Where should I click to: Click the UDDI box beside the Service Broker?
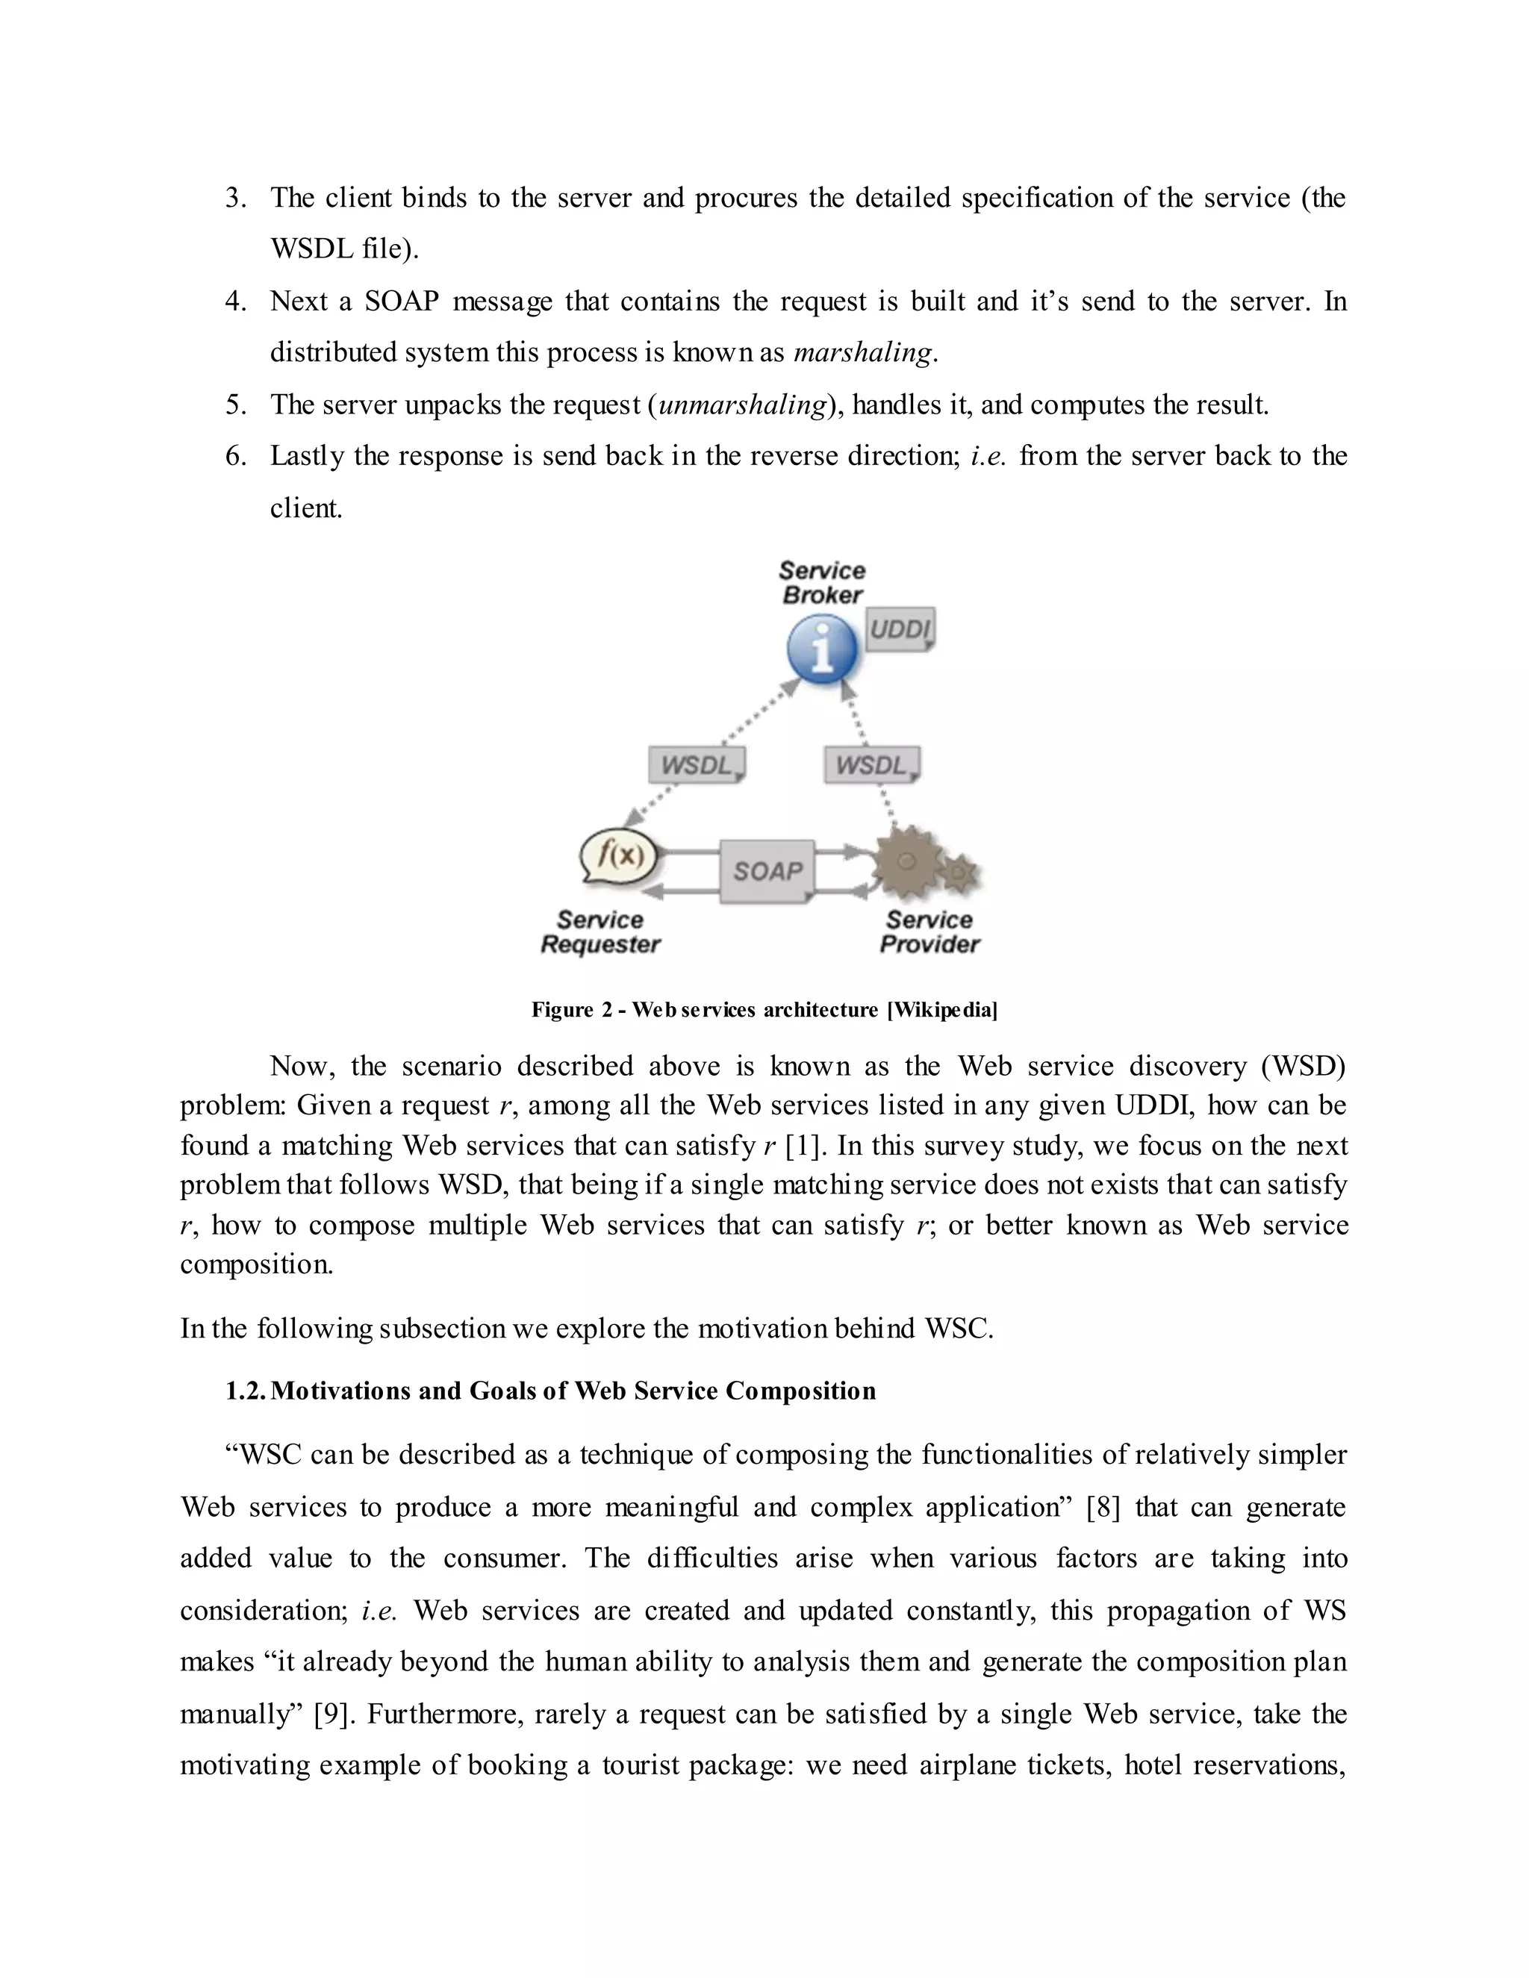click(x=900, y=628)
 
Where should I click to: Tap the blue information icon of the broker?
click(x=821, y=649)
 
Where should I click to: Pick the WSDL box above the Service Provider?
click(x=871, y=765)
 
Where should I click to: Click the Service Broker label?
click(x=821, y=582)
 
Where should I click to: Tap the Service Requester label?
click(x=600, y=932)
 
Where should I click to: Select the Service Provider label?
click(x=929, y=932)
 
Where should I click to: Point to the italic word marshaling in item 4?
click(x=862, y=352)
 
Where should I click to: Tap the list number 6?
click(x=235, y=455)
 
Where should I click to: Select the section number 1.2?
click(x=245, y=1391)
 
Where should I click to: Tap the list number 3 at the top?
click(x=235, y=198)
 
